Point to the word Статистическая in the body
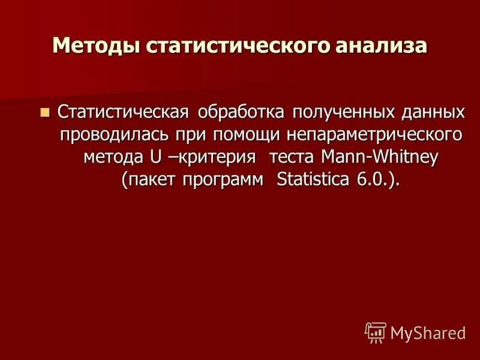124,112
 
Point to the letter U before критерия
155,157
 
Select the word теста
293,157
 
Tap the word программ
228,180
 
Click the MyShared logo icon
376,332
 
